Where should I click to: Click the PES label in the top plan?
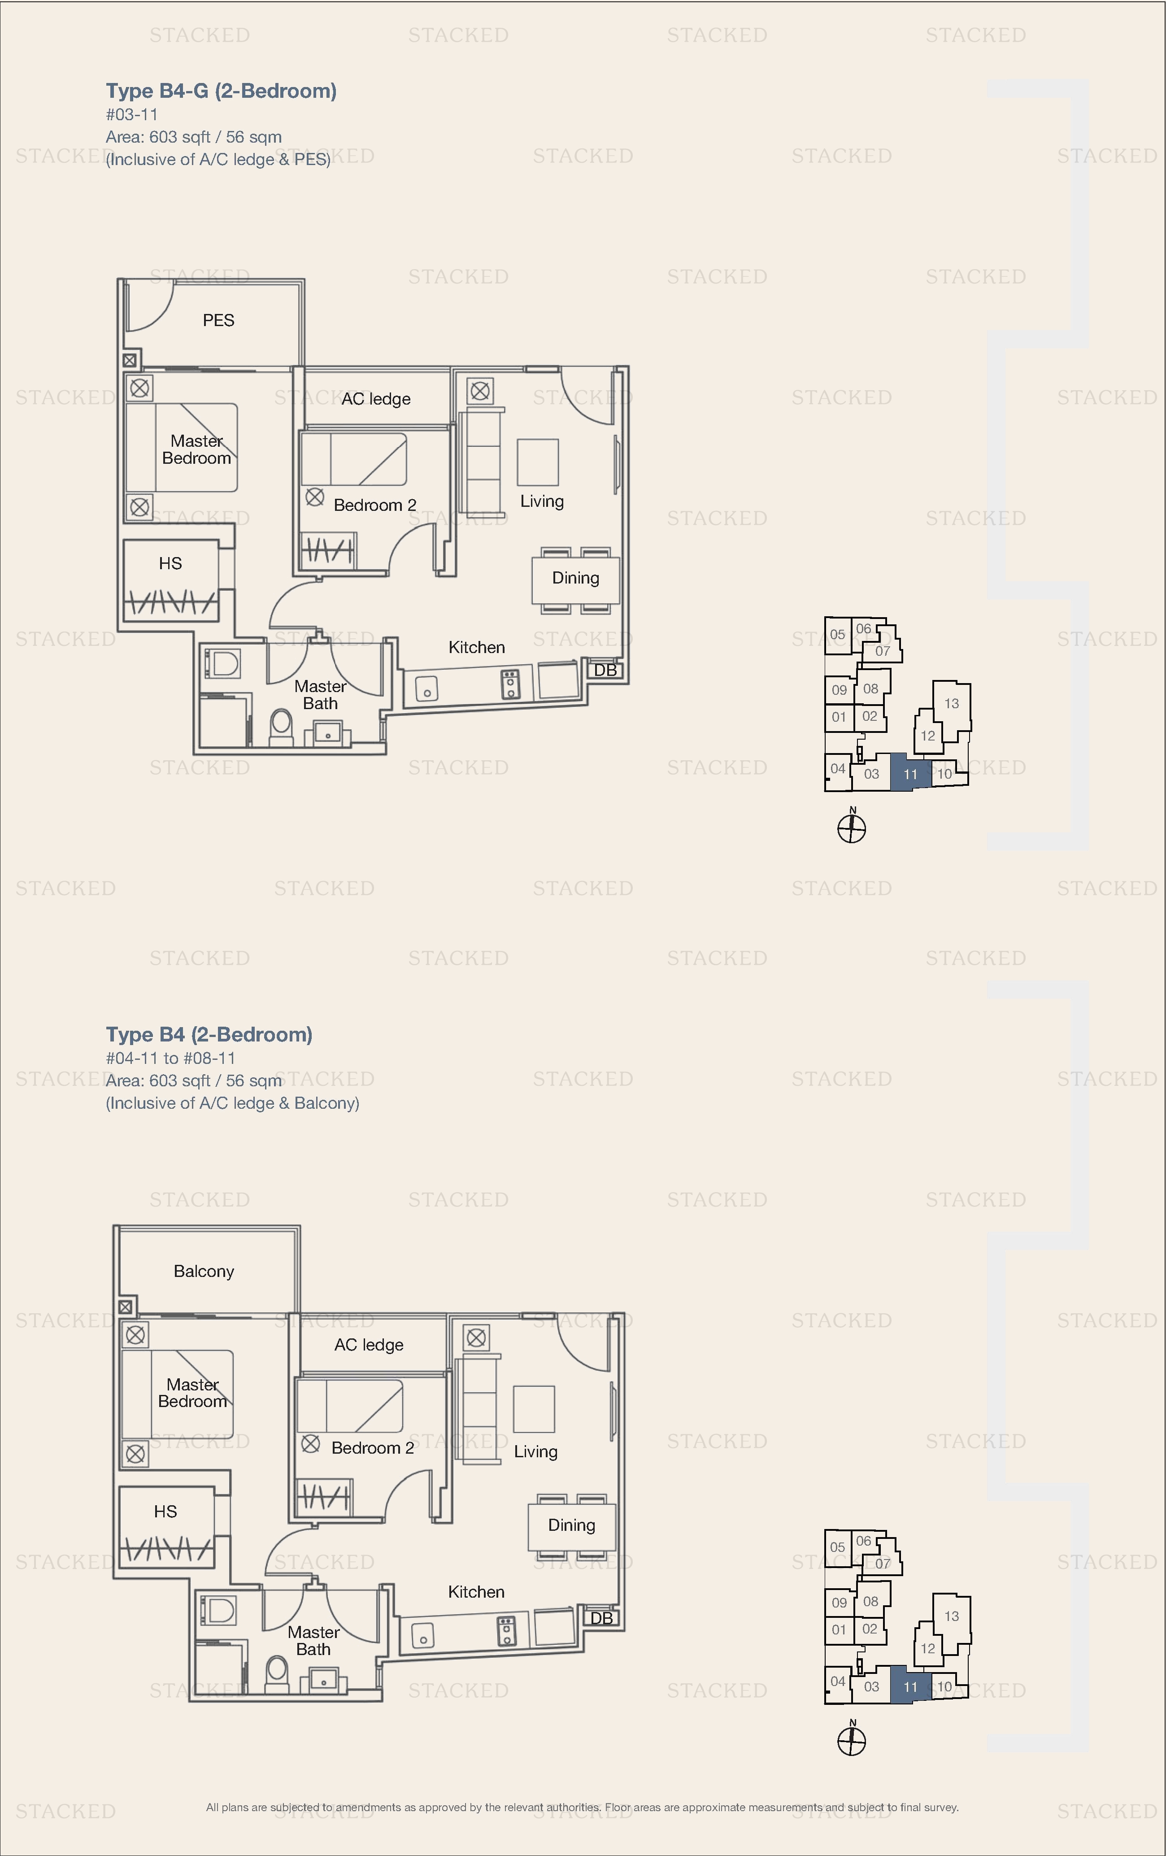pos(218,320)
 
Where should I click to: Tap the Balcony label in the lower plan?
pos(204,1271)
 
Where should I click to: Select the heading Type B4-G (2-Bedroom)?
pos(221,91)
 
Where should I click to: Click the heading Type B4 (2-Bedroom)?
pos(209,1034)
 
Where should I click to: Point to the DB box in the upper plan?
pos(605,670)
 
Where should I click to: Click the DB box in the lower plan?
pos(601,1618)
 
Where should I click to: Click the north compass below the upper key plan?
pos(852,828)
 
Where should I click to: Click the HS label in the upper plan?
pos(170,563)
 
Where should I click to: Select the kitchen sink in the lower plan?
pos(422,1635)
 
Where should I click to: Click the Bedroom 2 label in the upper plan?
pos(374,505)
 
